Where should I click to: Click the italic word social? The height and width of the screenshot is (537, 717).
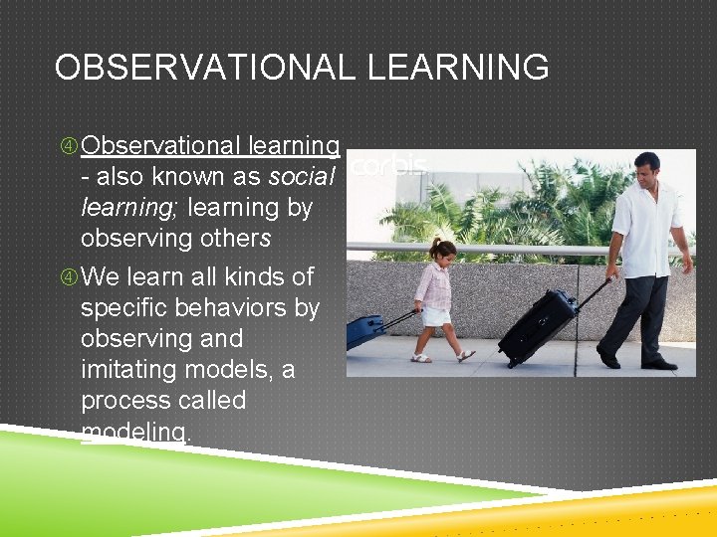tap(303, 177)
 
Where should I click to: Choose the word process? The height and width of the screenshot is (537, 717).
tap(127, 400)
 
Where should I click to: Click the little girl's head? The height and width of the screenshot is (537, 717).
tap(443, 249)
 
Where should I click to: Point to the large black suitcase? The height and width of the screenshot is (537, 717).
tap(537, 327)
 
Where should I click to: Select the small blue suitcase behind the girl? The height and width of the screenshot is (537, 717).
tap(364, 330)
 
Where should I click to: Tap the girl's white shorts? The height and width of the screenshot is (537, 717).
tap(435, 316)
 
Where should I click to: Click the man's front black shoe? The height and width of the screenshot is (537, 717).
tap(607, 358)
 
